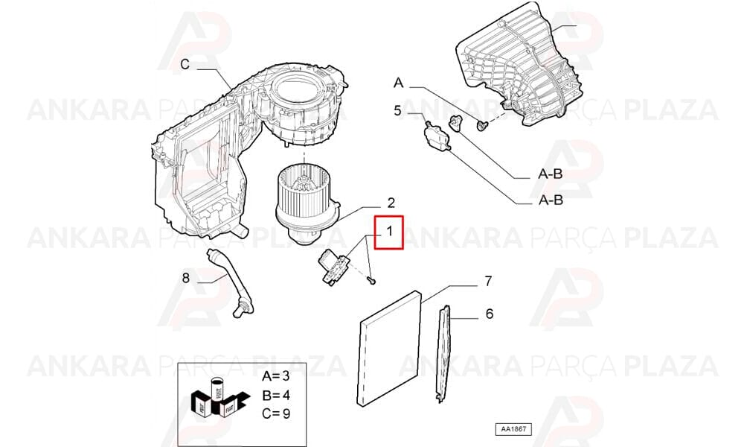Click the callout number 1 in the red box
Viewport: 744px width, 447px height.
(389, 232)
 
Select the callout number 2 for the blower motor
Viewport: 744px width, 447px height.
(391, 203)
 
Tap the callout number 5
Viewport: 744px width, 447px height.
(397, 111)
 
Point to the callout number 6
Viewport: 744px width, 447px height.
(490, 314)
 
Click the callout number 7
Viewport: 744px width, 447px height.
(488, 281)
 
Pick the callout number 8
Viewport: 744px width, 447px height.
(185, 277)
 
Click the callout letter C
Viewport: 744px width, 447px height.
(185, 64)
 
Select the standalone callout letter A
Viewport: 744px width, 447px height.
(399, 83)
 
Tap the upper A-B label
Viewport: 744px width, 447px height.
(551, 174)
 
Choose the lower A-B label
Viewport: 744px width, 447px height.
(551, 200)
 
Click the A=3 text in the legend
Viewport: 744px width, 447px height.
(276, 376)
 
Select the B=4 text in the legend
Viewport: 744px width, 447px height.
(276, 395)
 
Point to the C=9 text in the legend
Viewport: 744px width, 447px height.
(276, 413)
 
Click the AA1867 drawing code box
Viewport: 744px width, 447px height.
(513, 429)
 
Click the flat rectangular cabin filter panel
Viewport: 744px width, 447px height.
(388, 348)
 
